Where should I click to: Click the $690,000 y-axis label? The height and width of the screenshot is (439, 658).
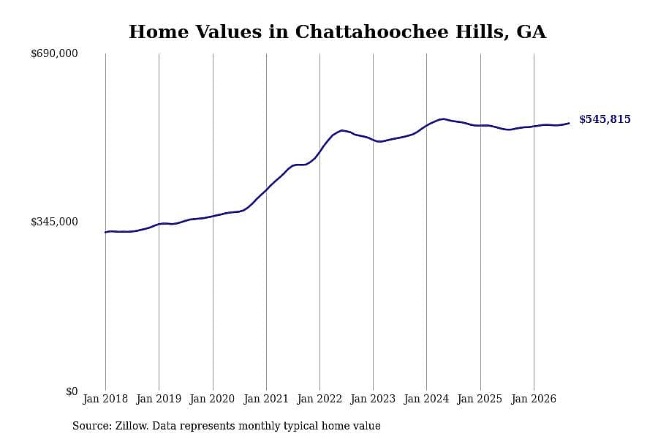(x=54, y=53)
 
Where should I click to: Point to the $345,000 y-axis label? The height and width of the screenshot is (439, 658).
(x=54, y=222)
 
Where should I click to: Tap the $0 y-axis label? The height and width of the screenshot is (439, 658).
(x=72, y=391)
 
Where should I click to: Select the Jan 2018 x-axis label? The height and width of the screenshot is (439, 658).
(x=105, y=399)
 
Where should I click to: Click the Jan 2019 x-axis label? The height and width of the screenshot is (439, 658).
(x=159, y=399)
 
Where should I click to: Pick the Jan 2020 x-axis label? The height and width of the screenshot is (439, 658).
(x=212, y=399)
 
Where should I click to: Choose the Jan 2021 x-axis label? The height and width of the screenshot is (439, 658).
(x=266, y=399)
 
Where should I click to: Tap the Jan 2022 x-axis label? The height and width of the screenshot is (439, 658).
(x=319, y=399)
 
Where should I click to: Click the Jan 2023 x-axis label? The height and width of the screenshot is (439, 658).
(x=373, y=399)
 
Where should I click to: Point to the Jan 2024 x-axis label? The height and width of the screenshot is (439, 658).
(x=426, y=399)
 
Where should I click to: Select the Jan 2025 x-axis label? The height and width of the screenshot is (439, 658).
(x=480, y=399)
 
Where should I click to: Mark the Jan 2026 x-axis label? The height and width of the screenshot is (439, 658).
(x=534, y=399)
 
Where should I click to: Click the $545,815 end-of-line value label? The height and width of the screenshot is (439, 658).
(x=605, y=119)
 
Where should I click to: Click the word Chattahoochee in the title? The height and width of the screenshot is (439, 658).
(x=372, y=32)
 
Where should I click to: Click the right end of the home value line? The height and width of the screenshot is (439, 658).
(x=569, y=123)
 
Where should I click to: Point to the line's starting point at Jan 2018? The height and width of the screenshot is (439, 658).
(x=105, y=232)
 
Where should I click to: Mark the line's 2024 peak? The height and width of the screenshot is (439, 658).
(x=442, y=119)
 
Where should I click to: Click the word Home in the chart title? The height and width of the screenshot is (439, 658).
(x=159, y=32)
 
